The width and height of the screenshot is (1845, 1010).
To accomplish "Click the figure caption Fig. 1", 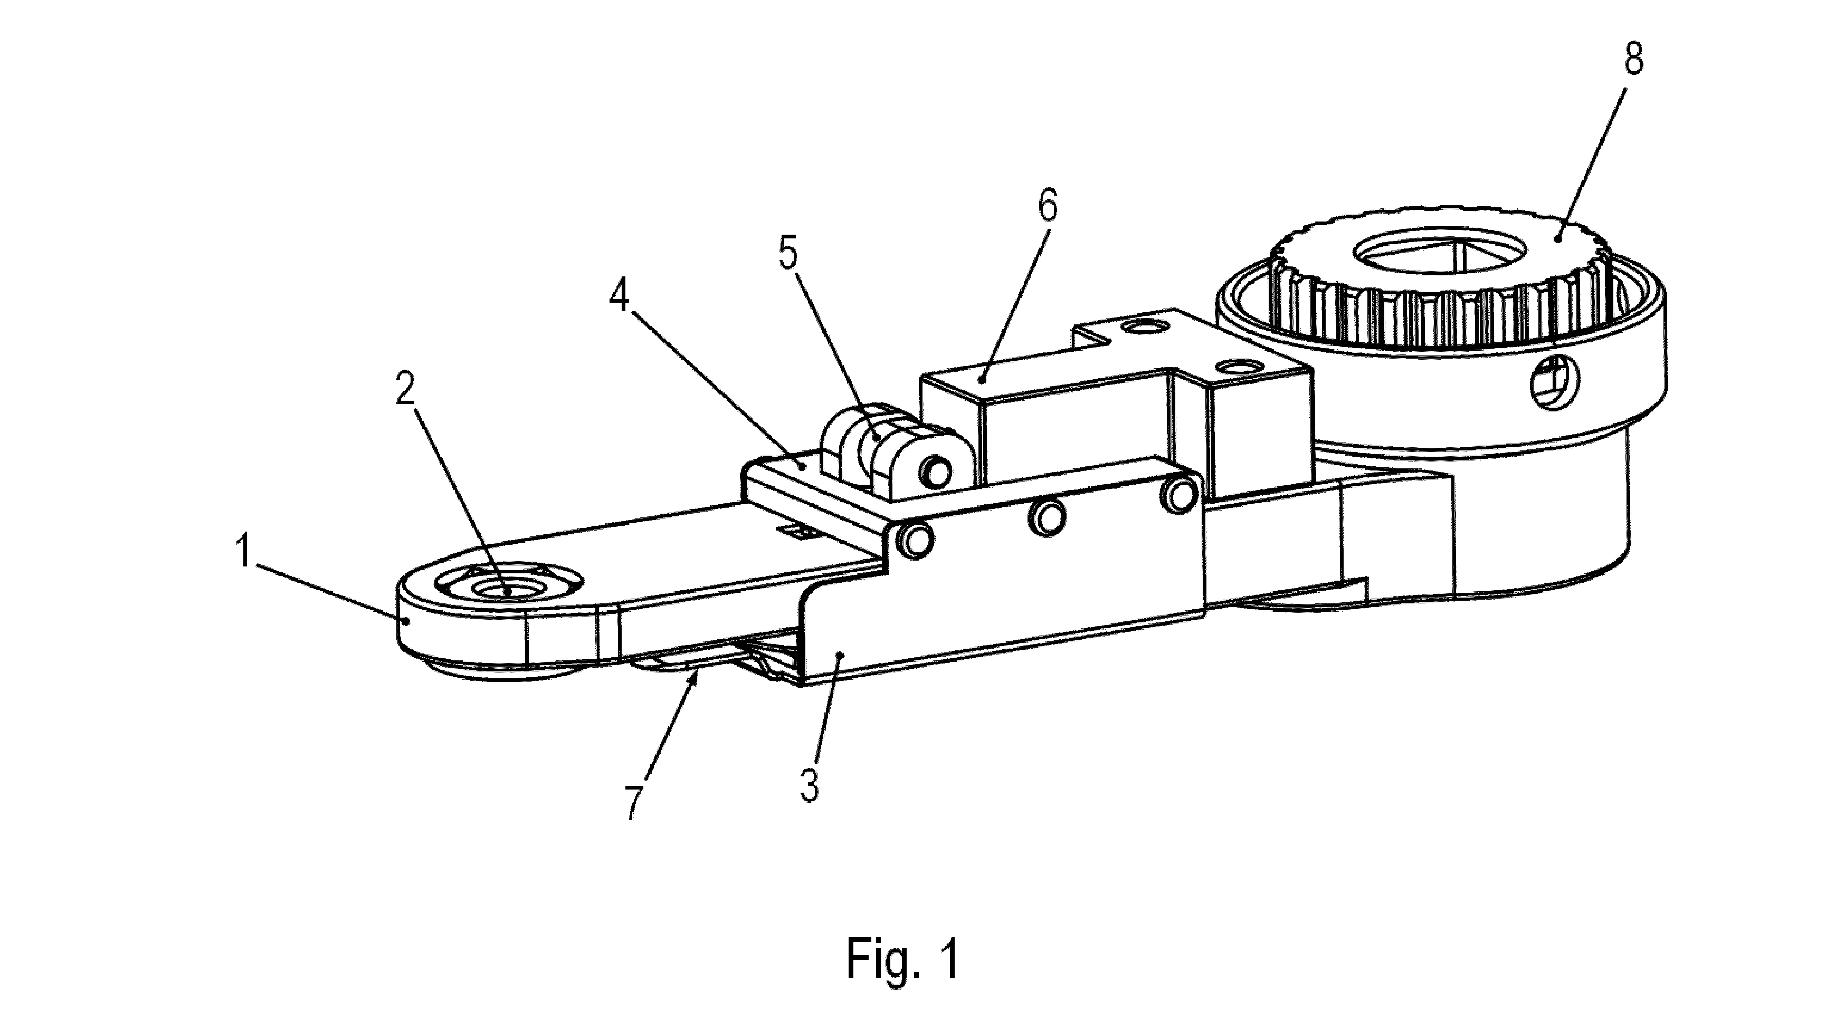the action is (x=902, y=959).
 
